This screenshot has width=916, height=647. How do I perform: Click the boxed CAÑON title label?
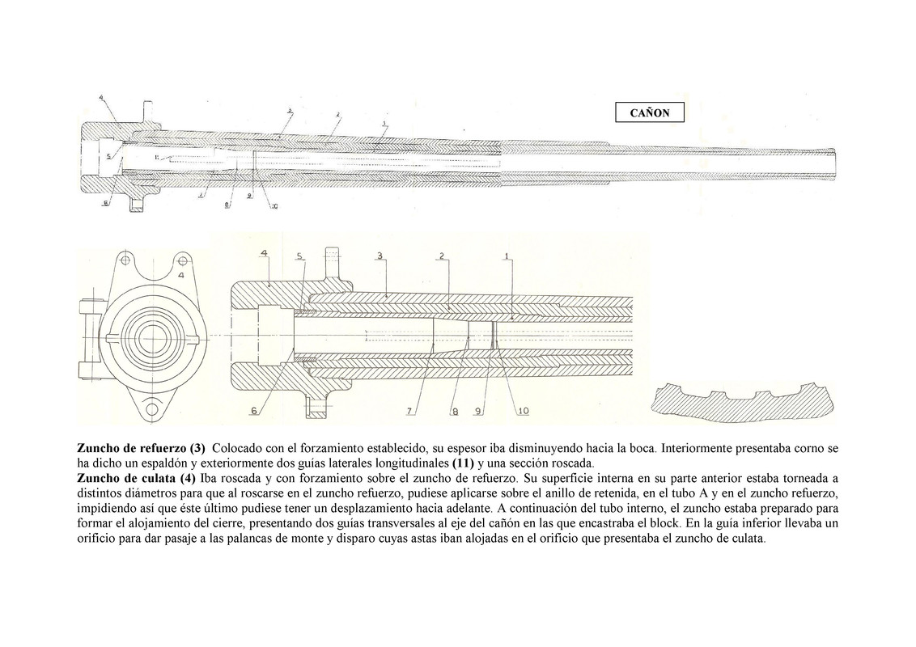tap(650, 112)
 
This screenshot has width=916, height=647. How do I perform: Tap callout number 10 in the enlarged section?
tap(523, 411)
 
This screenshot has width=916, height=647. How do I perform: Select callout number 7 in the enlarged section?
tap(410, 411)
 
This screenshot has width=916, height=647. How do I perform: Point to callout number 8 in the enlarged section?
tap(455, 412)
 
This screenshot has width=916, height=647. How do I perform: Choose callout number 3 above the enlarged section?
tap(379, 256)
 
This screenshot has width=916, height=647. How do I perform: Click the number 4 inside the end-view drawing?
tap(180, 275)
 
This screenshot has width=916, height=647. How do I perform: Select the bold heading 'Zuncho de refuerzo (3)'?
tap(142, 448)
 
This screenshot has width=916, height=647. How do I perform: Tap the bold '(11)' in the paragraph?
tap(462, 463)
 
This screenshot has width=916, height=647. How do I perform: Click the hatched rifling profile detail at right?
tap(741, 401)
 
